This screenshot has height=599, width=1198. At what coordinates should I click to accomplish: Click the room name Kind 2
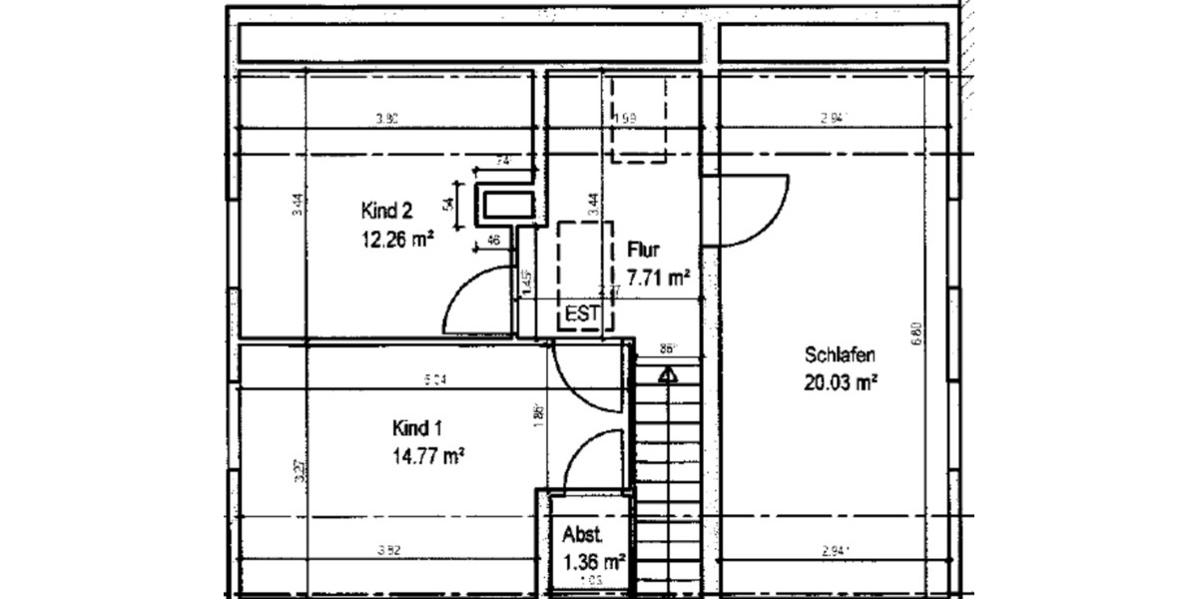pyautogui.click(x=387, y=211)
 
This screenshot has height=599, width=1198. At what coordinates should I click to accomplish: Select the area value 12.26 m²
pyautogui.click(x=396, y=238)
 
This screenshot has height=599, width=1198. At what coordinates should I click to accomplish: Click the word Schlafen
pyautogui.click(x=840, y=355)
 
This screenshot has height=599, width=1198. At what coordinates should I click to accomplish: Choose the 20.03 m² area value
pyautogui.click(x=840, y=380)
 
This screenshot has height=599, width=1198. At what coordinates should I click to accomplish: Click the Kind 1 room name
pyautogui.click(x=417, y=429)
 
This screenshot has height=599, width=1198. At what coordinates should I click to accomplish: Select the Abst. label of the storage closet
pyautogui.click(x=583, y=533)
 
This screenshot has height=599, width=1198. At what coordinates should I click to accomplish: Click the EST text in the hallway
pyautogui.click(x=582, y=314)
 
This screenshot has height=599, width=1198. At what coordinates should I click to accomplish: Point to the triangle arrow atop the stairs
pyautogui.click(x=667, y=375)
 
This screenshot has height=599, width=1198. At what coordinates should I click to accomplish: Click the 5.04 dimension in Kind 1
pyautogui.click(x=435, y=379)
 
